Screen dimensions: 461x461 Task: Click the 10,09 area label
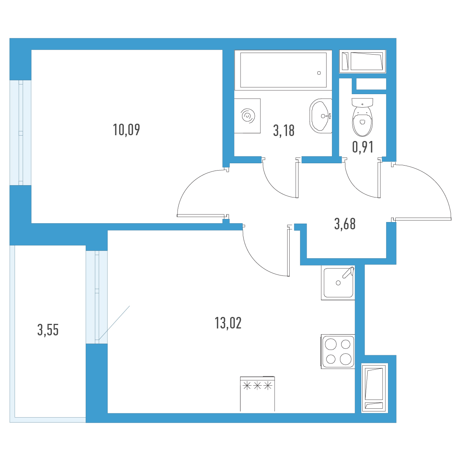(126, 130)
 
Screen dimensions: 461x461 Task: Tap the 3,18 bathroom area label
(284, 131)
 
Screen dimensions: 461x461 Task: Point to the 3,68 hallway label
(345, 224)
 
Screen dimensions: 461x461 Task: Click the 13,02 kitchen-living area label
(228, 323)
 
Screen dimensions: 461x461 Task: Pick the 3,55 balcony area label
(48, 330)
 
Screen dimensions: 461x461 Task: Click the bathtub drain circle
(319, 73)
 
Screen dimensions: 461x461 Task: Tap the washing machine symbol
(247, 116)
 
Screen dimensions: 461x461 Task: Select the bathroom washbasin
(320, 116)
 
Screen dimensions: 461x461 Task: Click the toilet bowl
(362, 121)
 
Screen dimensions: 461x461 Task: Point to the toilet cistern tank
(362, 103)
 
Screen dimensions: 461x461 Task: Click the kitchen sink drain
(338, 283)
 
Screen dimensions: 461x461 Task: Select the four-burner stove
(338, 352)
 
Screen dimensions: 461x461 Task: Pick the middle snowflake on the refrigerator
(257, 386)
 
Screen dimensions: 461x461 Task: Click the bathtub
(283, 70)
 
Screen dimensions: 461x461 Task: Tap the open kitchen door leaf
(288, 252)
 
